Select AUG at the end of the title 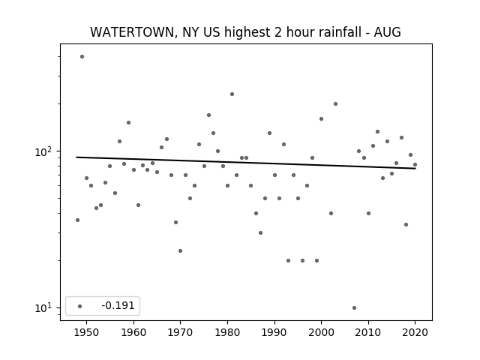click(x=387, y=32)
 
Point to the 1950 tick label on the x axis click(x=87, y=332)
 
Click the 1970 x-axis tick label click(x=180, y=332)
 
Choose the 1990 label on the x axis click(x=274, y=332)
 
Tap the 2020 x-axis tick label click(x=415, y=332)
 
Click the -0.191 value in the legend click(x=118, y=305)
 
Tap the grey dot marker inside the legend click(x=80, y=306)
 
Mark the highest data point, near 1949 click(x=82, y=57)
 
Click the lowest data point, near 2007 click(x=354, y=308)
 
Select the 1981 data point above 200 click(x=232, y=94)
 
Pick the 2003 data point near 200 click(x=335, y=103)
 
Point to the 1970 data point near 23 click(x=180, y=251)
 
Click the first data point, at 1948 click(x=77, y=220)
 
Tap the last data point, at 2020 click(x=415, y=165)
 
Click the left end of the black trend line click(x=76, y=157)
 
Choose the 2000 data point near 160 click(x=321, y=118)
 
